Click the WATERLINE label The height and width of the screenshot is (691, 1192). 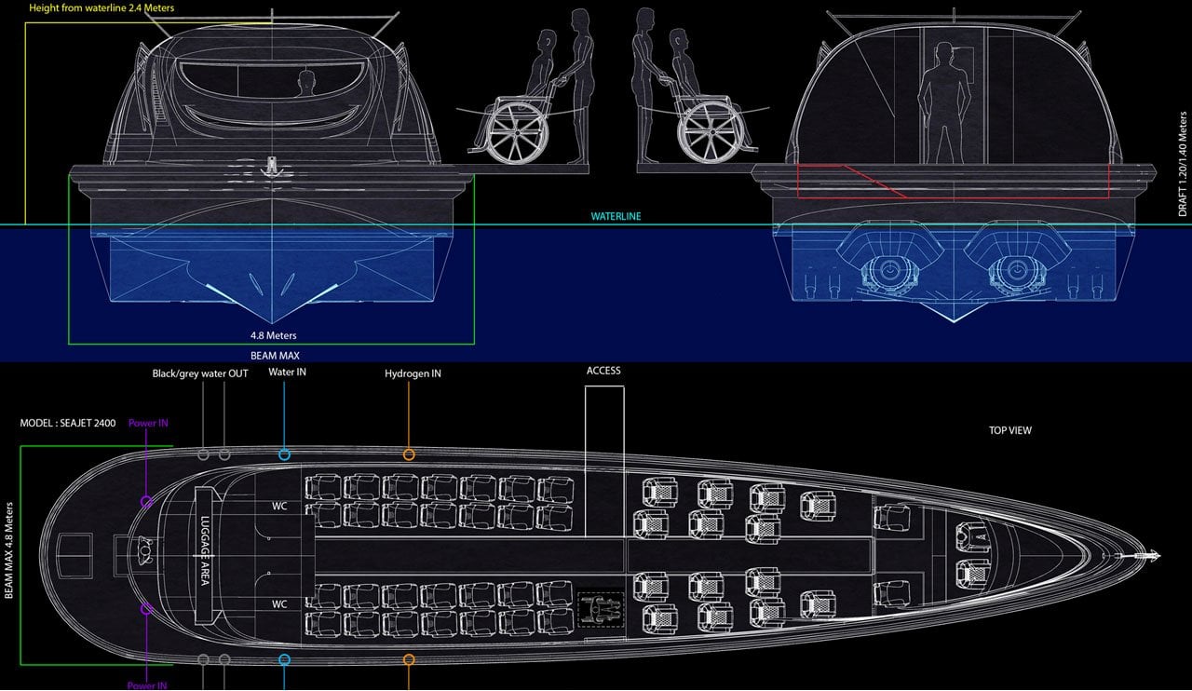tap(616, 216)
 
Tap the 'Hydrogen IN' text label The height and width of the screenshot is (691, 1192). tap(413, 373)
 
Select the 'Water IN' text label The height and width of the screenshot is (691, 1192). tap(288, 373)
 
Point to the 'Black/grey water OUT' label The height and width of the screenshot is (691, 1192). tap(200, 373)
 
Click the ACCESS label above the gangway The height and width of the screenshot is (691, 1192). tap(603, 371)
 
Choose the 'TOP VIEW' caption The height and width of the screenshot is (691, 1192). tap(1009, 431)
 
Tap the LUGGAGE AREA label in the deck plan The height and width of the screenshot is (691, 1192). tap(204, 551)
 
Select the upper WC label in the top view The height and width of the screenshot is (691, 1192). tap(278, 508)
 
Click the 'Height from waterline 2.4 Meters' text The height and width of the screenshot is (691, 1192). tap(88, 7)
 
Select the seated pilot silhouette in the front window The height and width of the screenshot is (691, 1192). tap(305, 86)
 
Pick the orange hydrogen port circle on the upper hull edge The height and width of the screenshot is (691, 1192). tap(409, 454)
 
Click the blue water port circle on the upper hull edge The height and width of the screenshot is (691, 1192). tap(284, 454)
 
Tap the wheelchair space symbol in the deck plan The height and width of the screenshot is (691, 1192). tap(600, 609)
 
